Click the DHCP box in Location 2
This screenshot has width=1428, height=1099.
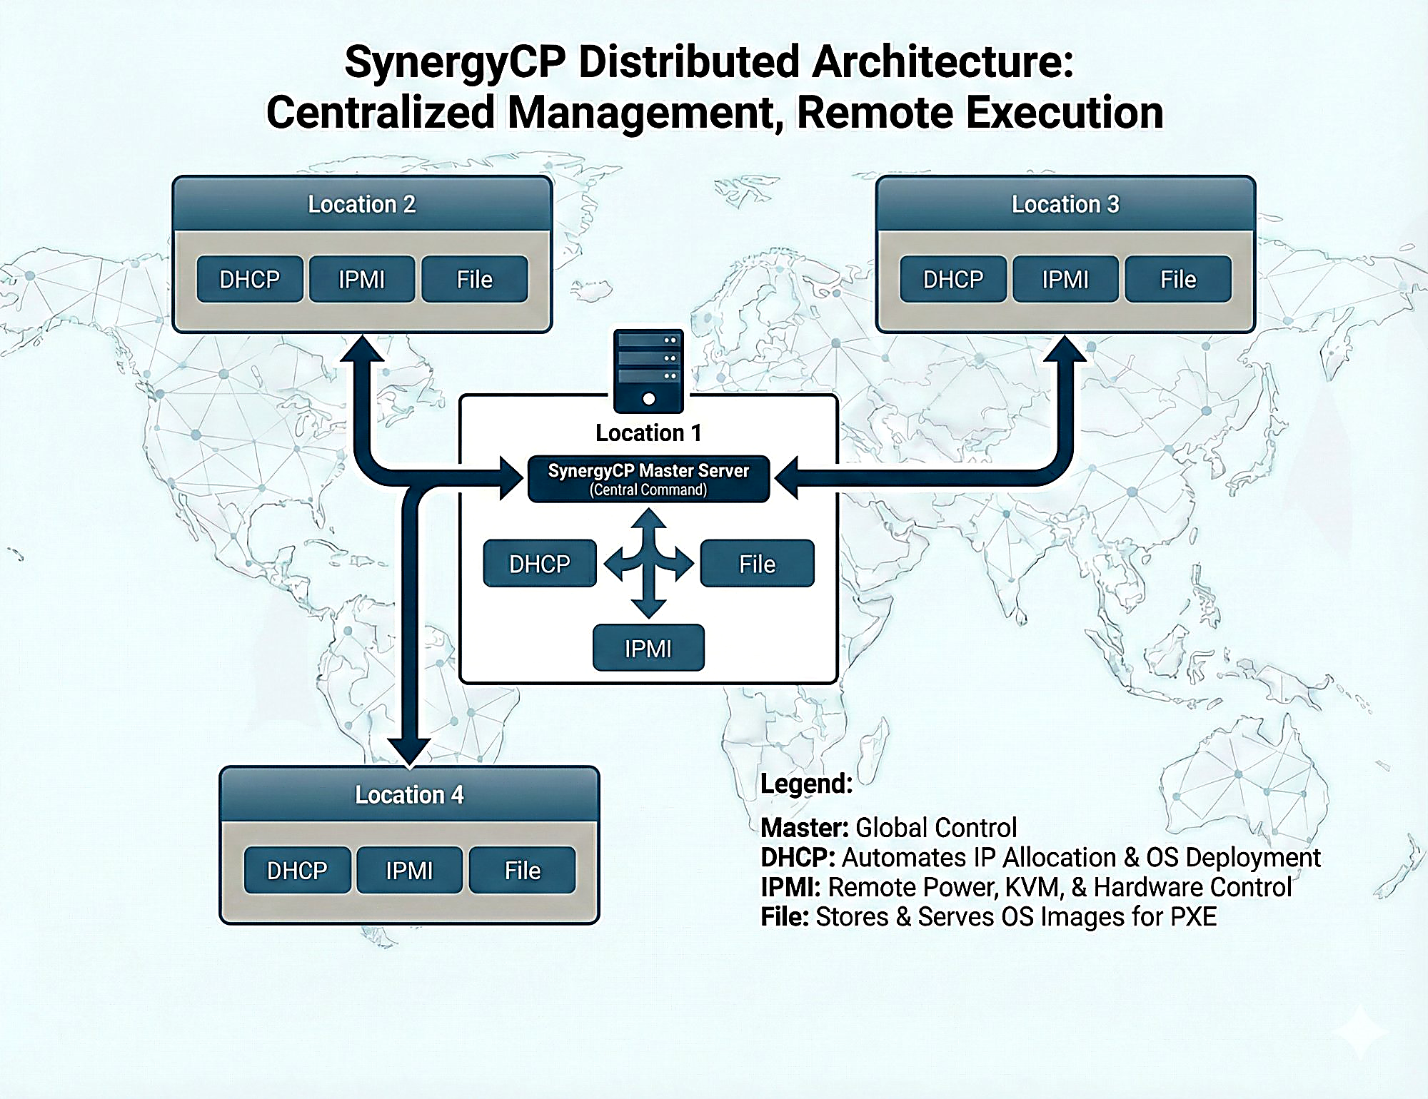tap(249, 279)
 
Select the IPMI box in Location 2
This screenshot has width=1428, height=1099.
tap(361, 279)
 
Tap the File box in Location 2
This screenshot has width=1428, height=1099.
tap(474, 279)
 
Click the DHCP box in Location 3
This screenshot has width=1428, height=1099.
tap(952, 279)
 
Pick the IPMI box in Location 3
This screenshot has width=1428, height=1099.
tap(1065, 279)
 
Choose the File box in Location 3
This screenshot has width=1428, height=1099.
tap(1177, 279)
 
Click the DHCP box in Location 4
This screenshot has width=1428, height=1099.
tap(297, 870)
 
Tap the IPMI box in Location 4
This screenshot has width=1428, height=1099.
tap(409, 870)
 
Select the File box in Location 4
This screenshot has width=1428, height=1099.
tap(522, 870)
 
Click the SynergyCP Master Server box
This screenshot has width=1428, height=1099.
tap(648, 479)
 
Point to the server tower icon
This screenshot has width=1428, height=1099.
tap(648, 370)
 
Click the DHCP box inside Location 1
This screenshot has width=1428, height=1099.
tap(539, 564)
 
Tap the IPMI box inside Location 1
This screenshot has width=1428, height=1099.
tap(648, 648)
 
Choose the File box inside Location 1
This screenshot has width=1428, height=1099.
tap(757, 564)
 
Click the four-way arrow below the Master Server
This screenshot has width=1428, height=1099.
tap(648, 563)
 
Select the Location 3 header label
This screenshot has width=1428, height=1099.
tap(1065, 204)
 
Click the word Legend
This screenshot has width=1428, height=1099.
tap(806, 784)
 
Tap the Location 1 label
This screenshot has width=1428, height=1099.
tap(648, 432)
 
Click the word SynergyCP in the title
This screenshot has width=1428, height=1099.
tap(455, 63)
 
